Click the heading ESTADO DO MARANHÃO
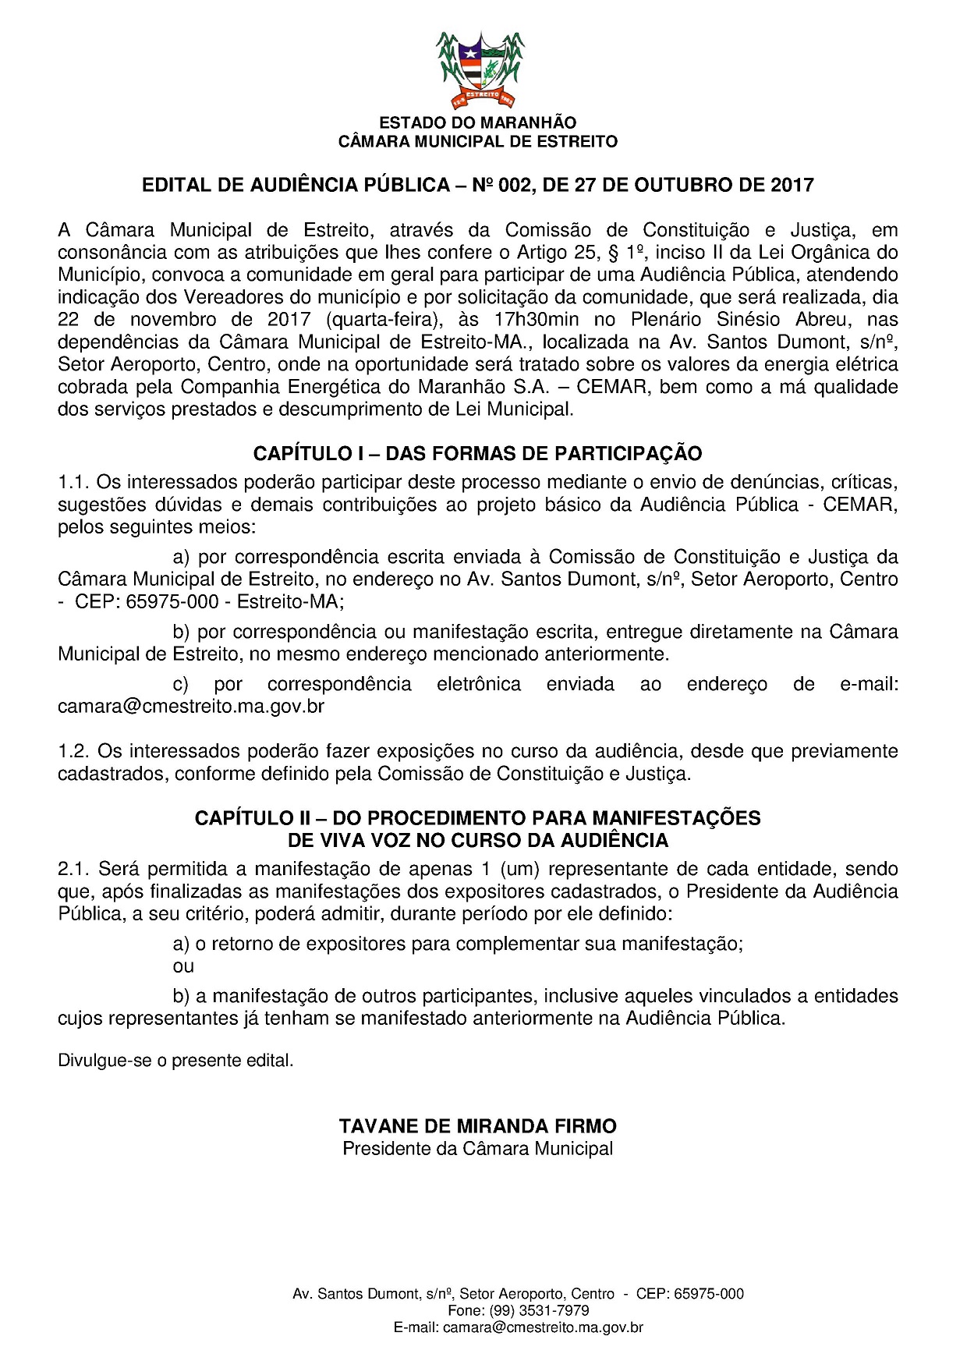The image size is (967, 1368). pos(477,123)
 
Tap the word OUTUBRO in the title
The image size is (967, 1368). pos(672,185)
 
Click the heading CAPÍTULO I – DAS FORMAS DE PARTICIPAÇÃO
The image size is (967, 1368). pos(477,453)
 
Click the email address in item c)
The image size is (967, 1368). pos(191,707)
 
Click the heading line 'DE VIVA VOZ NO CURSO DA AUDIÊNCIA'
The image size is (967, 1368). pos(477,840)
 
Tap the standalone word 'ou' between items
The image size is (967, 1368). pos(182,966)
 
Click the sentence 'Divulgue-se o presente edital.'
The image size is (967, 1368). pos(175,1061)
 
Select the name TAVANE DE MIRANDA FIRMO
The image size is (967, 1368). pos(477,1126)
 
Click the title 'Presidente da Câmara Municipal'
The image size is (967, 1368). pos(477,1148)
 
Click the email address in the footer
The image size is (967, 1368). pos(542,1327)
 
